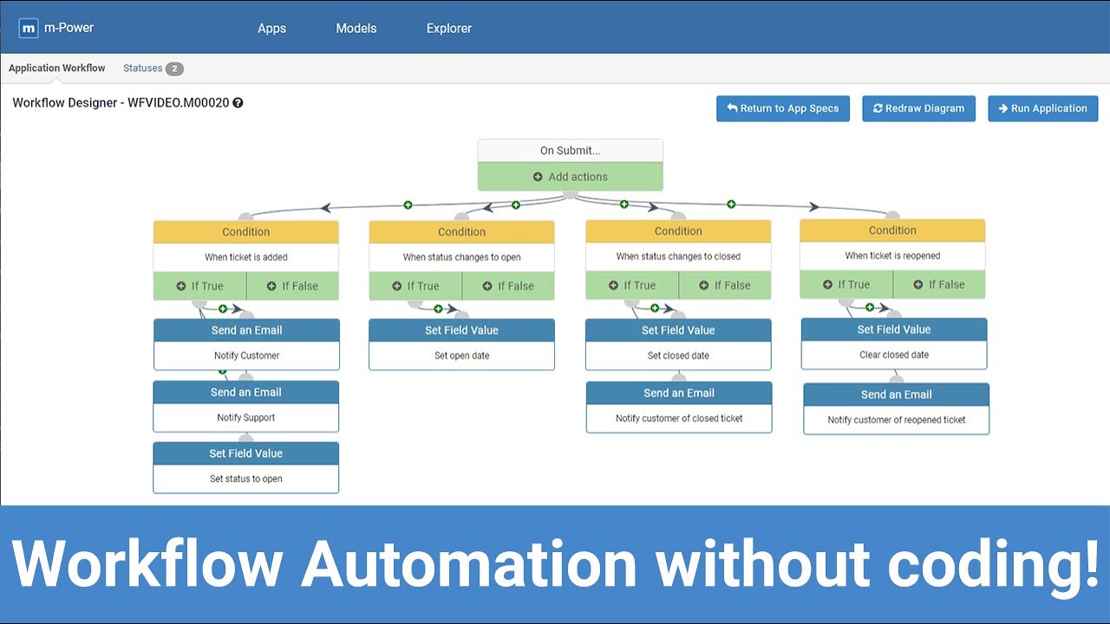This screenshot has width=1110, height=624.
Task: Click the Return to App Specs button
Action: point(782,108)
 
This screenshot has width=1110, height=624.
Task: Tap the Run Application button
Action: point(1042,108)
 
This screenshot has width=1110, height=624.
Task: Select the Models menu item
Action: point(356,28)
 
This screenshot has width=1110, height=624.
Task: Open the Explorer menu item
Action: point(449,28)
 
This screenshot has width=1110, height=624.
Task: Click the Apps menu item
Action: point(271,28)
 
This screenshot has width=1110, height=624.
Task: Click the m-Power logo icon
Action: point(29,28)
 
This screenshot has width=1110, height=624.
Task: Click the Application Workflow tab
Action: point(57,68)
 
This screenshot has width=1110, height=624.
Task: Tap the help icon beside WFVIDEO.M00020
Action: point(238,102)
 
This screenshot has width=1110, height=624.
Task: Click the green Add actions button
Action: point(571,177)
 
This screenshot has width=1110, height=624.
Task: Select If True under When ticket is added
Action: point(199,286)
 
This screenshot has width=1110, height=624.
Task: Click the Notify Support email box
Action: point(246,417)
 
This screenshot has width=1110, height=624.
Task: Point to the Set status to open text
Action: point(246,478)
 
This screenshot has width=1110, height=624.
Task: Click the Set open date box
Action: point(461,355)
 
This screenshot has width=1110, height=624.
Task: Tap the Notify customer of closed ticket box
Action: point(679,418)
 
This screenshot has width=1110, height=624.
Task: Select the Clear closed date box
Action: point(893,354)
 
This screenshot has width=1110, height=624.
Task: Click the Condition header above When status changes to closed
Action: point(678,231)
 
